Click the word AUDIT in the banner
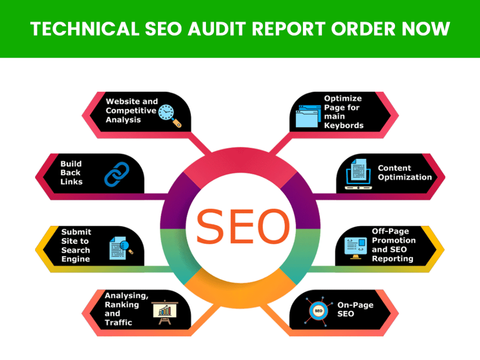point(217,29)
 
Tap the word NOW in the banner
point(426,29)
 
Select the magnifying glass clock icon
point(170,116)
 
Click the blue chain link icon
point(117,174)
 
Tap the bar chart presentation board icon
point(165,312)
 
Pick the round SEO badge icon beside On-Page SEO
point(318,311)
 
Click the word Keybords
point(344,125)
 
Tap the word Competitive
point(131,111)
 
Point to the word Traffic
point(119,323)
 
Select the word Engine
point(76,259)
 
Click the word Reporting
point(393,259)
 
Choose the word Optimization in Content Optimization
point(405,177)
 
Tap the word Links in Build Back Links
point(72,182)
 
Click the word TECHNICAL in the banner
point(85,29)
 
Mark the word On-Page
point(355,305)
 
